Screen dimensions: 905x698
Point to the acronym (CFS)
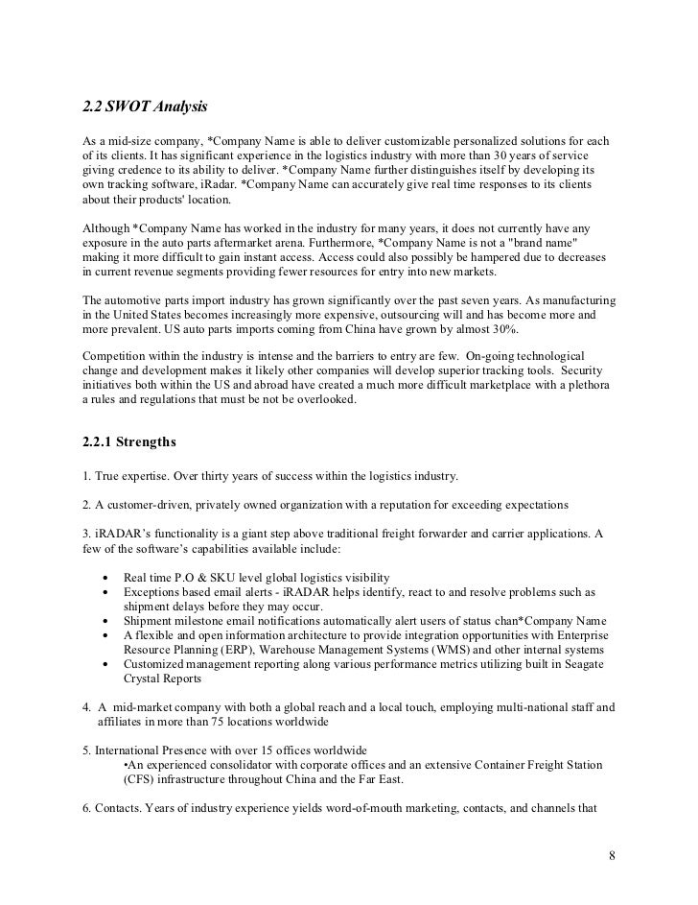tap(138, 780)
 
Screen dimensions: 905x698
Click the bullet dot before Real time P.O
tap(104, 578)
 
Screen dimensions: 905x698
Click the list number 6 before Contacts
tap(87, 808)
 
